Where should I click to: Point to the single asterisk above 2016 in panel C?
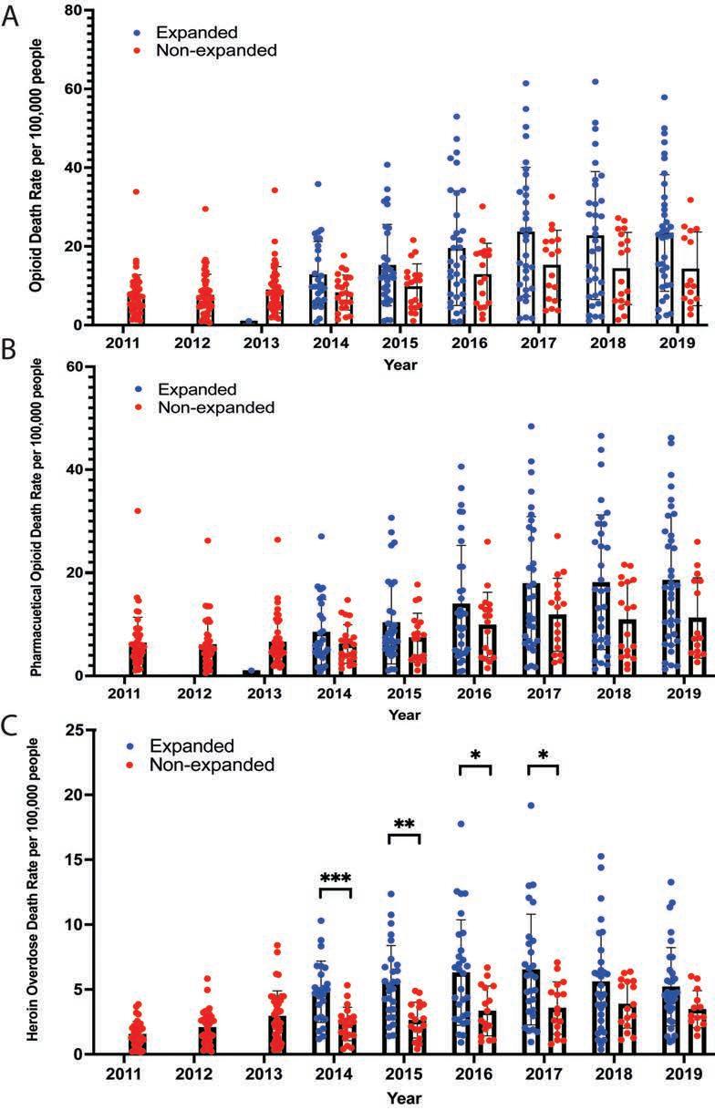[475, 755]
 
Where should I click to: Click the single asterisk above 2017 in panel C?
[543, 755]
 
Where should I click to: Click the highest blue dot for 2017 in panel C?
[530, 806]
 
